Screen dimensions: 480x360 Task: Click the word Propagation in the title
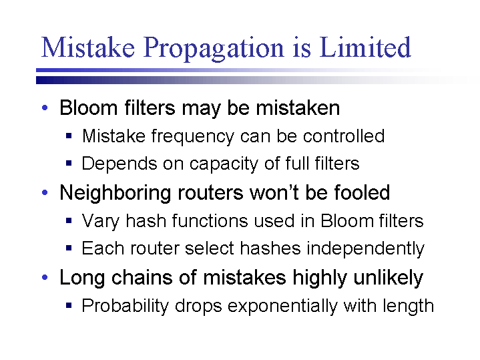click(x=214, y=48)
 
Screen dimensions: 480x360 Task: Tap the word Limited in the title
click(x=365, y=47)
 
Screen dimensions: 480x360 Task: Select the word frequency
click(x=192, y=137)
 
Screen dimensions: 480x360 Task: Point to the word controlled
click(x=343, y=136)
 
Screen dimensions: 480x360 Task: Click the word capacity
click(x=224, y=164)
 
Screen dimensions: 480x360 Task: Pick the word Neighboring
click(x=115, y=194)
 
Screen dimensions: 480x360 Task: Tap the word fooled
click(x=362, y=192)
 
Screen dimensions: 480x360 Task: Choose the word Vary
click(x=100, y=221)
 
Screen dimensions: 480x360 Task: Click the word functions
click(x=210, y=220)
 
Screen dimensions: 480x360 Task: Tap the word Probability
click(x=126, y=306)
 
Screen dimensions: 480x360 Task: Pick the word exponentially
click(x=282, y=306)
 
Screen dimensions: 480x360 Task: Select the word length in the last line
click(x=408, y=306)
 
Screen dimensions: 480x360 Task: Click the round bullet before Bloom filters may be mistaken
click(x=45, y=108)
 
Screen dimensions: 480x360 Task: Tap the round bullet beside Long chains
click(x=45, y=277)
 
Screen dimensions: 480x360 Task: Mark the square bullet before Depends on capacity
click(x=69, y=163)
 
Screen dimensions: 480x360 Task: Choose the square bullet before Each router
click(x=69, y=248)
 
